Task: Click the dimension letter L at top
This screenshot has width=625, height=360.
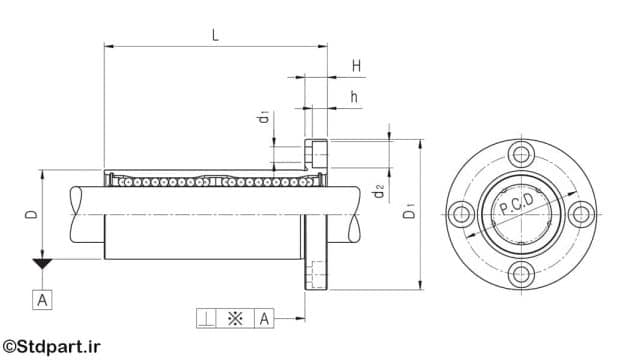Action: point(215,35)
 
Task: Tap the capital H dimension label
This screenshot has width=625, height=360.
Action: point(356,66)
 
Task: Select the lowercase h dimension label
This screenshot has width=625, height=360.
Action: point(354,97)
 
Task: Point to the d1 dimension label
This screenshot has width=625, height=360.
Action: point(263,118)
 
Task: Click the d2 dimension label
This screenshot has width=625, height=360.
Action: point(378,191)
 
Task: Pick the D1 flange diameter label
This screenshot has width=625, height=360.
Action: point(409,210)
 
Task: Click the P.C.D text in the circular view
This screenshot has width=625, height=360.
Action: point(516,204)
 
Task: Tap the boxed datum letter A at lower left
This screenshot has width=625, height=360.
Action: point(42,300)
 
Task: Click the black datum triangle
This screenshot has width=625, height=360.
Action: point(42,263)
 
